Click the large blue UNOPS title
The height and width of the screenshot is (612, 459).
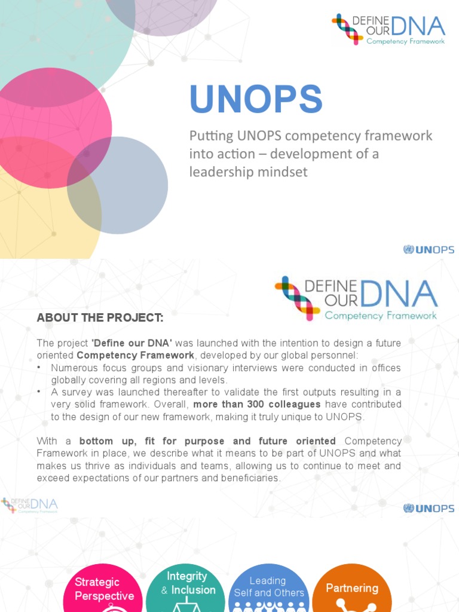256,99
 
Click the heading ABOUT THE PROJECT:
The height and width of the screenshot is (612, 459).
100,318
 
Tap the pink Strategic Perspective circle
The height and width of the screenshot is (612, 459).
104,589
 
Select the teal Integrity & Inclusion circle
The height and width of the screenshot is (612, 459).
186,586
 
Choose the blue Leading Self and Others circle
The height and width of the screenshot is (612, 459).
269,589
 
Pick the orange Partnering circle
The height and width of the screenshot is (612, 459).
352,589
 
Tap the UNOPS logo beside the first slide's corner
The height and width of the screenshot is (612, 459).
429,249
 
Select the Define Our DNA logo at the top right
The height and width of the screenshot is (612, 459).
388,29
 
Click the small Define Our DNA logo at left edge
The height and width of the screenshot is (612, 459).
29,506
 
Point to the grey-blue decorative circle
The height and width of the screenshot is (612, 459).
117,185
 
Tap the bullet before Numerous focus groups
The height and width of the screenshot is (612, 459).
39,368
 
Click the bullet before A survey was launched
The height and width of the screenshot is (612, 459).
39,392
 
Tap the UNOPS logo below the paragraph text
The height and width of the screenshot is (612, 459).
429,509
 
